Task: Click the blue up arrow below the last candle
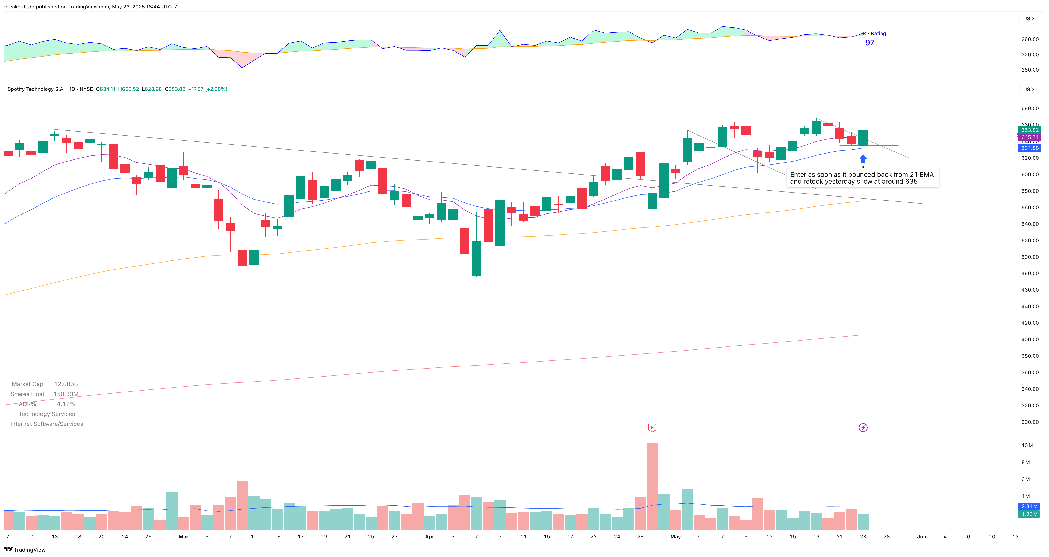tap(863, 159)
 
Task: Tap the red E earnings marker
tap(652, 428)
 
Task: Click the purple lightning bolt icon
tap(863, 428)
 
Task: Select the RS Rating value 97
tap(870, 43)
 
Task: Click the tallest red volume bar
tap(652, 486)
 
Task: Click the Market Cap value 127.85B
tap(66, 384)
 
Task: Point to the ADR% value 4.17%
tap(65, 404)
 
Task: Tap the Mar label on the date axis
tap(184, 537)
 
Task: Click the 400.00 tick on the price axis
tap(1030, 339)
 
